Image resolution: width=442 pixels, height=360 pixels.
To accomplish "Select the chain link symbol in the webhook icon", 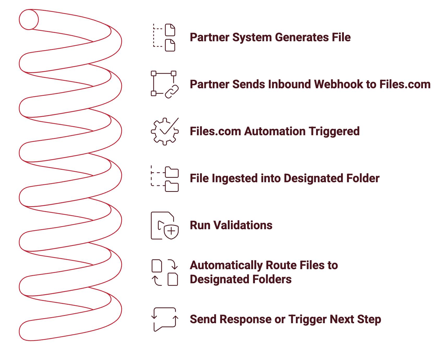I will tap(172, 92).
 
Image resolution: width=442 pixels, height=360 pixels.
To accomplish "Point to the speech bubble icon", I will tap(165, 319).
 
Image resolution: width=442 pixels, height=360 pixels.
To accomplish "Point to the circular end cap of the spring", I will tap(29, 20).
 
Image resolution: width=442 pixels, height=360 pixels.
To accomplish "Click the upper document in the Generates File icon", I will tap(170, 30).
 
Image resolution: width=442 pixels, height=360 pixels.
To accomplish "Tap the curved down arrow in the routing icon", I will tap(173, 264).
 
